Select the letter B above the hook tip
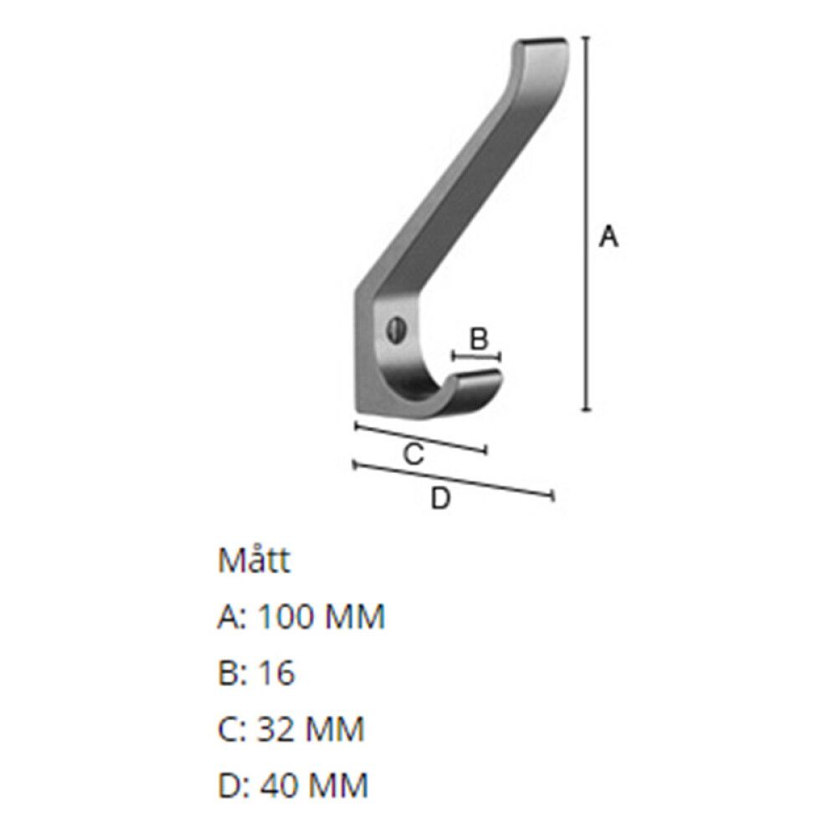coord(478,339)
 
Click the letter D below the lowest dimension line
coord(440,499)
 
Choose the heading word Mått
coord(254,561)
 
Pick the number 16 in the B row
coord(276,674)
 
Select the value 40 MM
coord(312,786)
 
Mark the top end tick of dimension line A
coord(587,38)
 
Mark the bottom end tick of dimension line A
coord(587,410)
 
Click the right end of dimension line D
coord(552,497)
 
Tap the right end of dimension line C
coord(485,451)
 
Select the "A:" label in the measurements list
coord(232,618)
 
